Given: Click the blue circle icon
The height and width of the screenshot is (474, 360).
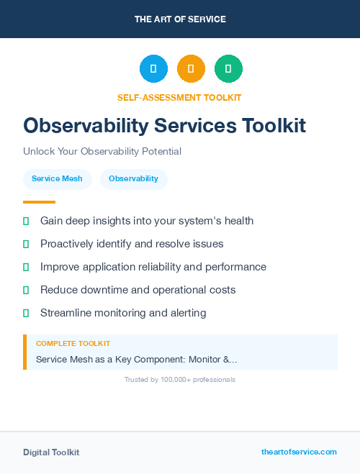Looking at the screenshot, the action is [x=153, y=69].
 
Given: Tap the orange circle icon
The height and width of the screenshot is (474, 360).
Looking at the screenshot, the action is [x=191, y=69].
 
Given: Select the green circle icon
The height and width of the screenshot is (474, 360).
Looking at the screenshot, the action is [x=228, y=69].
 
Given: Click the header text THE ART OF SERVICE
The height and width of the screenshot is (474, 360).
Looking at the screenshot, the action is [x=180, y=19].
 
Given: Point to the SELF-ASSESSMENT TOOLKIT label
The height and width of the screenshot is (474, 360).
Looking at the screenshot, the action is [x=179, y=97].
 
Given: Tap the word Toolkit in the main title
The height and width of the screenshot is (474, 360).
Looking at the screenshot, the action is [x=271, y=125].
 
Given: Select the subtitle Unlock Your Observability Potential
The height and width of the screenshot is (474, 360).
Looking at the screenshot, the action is [x=102, y=152].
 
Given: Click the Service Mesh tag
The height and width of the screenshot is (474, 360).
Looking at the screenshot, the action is [x=57, y=179].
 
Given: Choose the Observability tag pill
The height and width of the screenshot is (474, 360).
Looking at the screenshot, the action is [x=134, y=179].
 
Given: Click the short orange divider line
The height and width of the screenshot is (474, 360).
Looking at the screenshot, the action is [x=39, y=202].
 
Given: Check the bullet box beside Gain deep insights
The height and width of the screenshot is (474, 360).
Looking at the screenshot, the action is [x=26, y=222].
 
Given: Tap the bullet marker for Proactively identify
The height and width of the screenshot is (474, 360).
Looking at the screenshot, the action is [x=26, y=245].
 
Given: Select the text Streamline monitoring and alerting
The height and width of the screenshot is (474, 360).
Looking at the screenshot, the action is [x=123, y=313].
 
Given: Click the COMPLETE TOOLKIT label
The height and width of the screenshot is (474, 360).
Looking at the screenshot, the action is [x=73, y=344].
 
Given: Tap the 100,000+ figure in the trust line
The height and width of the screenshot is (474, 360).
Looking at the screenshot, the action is [x=177, y=379].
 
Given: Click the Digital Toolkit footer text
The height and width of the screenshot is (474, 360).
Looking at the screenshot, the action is [x=51, y=452].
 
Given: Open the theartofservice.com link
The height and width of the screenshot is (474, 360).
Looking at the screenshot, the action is [x=299, y=452].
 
